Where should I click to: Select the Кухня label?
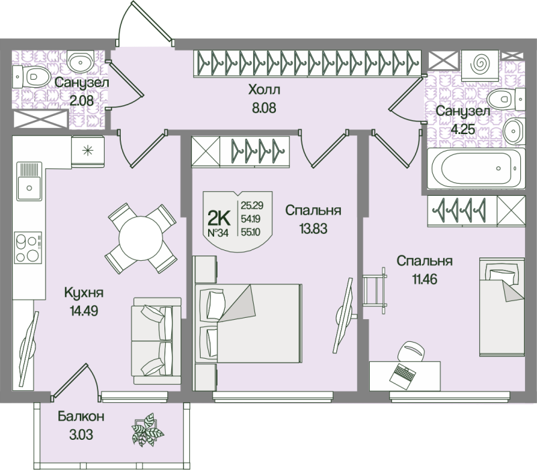point(83,293)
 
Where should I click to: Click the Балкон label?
point(80,416)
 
